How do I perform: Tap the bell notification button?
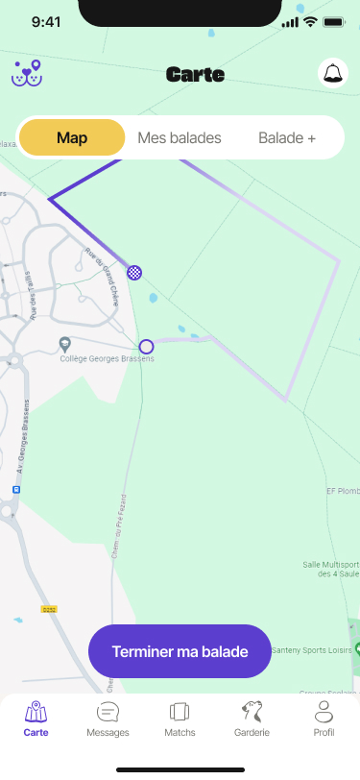coord(332,73)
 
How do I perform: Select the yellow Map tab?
coord(72,138)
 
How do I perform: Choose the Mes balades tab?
coord(180,138)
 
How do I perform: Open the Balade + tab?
coord(287,138)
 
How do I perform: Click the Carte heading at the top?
coord(195,74)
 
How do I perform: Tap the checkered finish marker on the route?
coord(135,272)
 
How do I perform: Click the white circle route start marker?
coord(146,347)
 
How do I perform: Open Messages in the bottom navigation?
coord(108,718)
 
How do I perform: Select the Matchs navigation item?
coord(180,718)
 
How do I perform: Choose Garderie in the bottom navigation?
coord(252,718)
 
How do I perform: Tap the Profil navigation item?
coord(324,718)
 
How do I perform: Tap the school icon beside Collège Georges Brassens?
coord(64,344)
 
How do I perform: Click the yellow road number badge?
coord(49,609)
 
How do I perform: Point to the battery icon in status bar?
coord(334,22)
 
